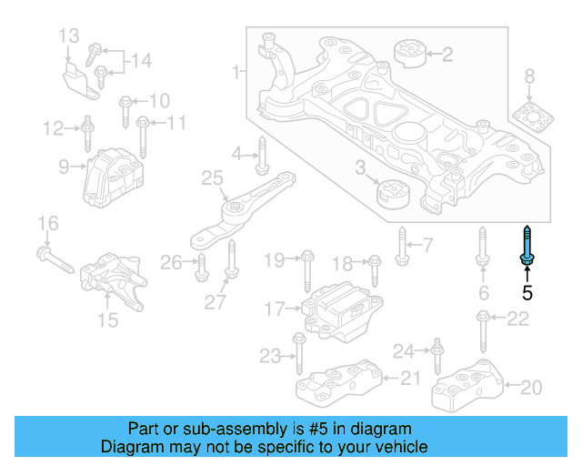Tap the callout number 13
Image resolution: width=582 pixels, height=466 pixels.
70,36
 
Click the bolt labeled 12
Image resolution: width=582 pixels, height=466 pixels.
85,133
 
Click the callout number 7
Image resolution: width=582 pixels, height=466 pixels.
427,244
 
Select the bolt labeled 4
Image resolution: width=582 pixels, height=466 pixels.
261,155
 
